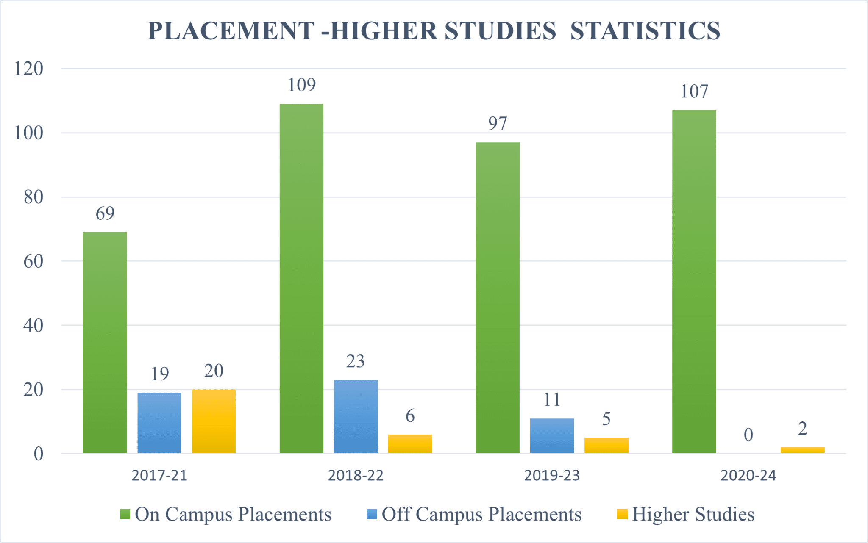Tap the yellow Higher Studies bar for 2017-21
[214, 421]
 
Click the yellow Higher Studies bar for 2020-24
[802, 450]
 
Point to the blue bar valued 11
[552, 436]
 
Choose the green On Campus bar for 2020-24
[694, 282]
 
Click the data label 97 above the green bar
[498, 124]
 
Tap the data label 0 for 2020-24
[748, 435]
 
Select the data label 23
[355, 361]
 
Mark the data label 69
[105, 213]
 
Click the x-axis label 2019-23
[552, 476]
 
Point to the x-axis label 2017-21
[159, 476]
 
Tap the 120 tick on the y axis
[29, 69]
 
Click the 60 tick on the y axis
[33, 261]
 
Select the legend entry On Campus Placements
[233, 514]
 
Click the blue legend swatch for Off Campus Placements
[372, 514]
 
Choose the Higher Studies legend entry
[693, 514]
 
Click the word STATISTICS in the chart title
[645, 31]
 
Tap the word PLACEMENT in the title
[231, 31]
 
